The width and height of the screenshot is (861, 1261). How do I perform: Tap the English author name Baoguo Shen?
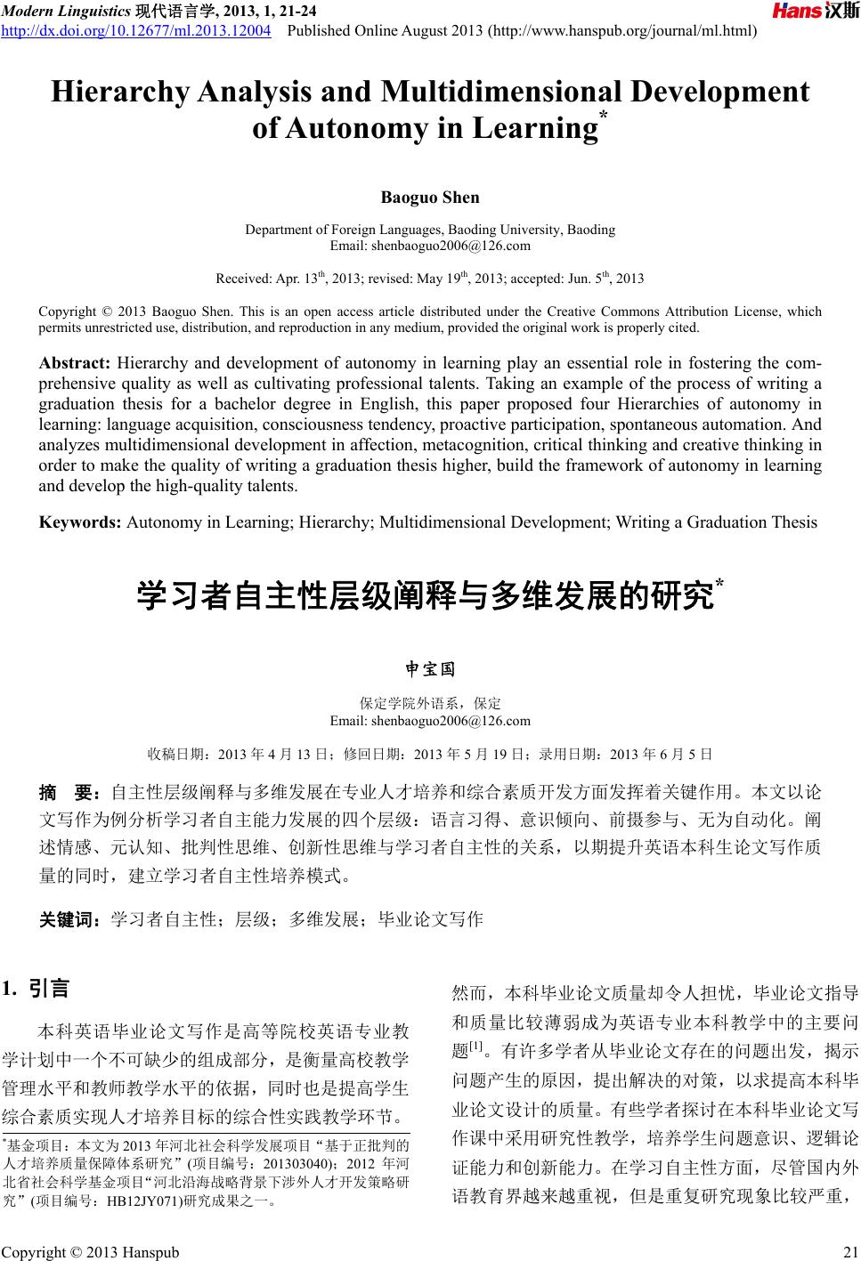430,197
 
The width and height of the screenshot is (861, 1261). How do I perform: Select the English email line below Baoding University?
430,246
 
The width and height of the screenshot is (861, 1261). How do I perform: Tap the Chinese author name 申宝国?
430,668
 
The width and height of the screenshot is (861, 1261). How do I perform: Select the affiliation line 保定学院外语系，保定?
430,704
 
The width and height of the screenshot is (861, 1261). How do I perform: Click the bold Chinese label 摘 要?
71,792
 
